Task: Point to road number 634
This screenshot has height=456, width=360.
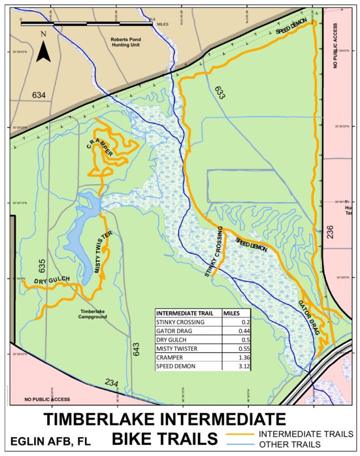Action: [39, 96]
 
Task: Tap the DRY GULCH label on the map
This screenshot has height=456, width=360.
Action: [51, 281]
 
